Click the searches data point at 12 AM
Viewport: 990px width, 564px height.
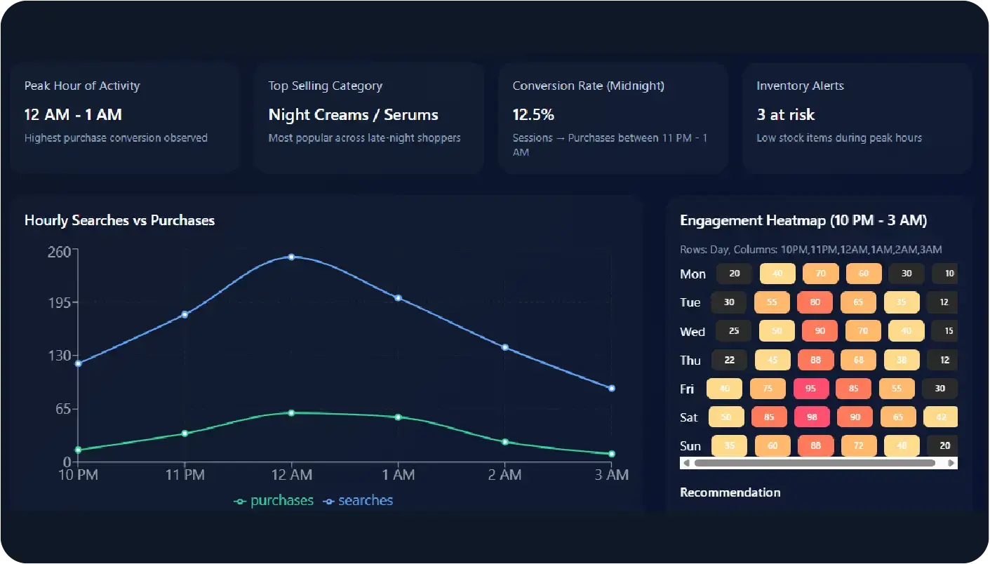pyautogui.click(x=291, y=257)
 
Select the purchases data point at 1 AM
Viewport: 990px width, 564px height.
pyautogui.click(x=399, y=417)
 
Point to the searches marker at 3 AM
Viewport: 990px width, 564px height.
pyautogui.click(x=612, y=388)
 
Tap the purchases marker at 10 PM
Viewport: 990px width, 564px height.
pyautogui.click(x=78, y=450)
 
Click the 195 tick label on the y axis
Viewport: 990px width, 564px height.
pyautogui.click(x=58, y=302)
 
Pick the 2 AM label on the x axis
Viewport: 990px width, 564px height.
pyautogui.click(x=504, y=475)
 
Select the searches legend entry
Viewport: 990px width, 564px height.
pyautogui.click(x=359, y=501)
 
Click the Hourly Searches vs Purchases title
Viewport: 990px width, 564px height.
pyautogui.click(x=119, y=220)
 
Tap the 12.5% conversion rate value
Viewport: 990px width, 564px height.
pyautogui.click(x=533, y=115)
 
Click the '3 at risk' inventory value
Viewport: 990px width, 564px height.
pyautogui.click(x=785, y=115)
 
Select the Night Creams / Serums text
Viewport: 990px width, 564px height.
pyautogui.click(x=353, y=115)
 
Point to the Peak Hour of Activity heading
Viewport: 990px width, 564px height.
pyautogui.click(x=82, y=86)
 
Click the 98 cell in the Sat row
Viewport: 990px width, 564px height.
pyautogui.click(x=812, y=417)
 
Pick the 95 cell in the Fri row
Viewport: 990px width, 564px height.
pyautogui.click(x=811, y=389)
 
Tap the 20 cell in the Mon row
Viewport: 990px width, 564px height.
pyautogui.click(x=735, y=274)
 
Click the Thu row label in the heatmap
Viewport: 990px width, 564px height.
pyautogui.click(x=690, y=361)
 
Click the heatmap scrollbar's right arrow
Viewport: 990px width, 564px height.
pyautogui.click(x=951, y=463)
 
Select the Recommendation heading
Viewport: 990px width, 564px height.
pyautogui.click(x=730, y=492)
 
